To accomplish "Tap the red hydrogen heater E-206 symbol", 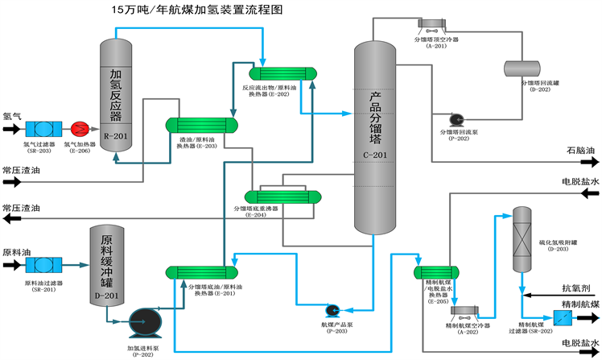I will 80,129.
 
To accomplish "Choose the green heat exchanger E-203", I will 203,126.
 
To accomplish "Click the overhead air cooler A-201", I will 435,25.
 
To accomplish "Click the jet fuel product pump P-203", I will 332,310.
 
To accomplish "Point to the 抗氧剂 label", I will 576,287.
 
